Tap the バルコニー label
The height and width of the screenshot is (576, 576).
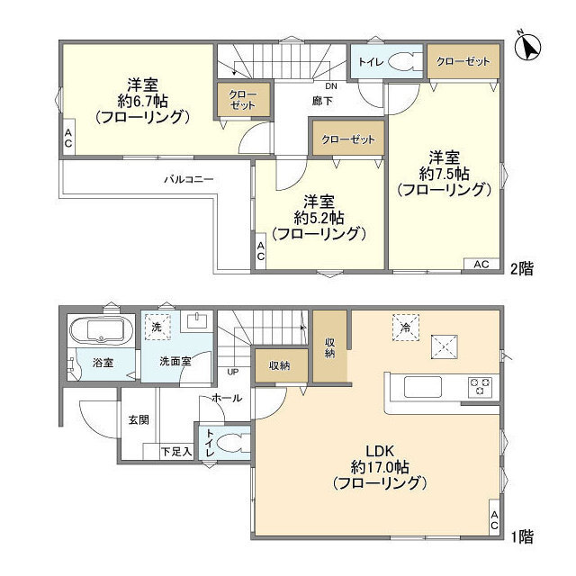coord(188,179)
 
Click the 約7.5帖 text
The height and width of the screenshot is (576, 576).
coord(444,172)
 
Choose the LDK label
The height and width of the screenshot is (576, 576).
coord(378,450)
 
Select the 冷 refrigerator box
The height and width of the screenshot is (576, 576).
coord(405,328)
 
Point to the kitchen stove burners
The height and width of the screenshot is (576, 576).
coord(481,387)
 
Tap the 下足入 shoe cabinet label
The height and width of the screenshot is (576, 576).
coord(175,452)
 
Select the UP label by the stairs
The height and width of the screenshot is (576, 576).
coord(232,371)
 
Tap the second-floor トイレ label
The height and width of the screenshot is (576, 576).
coord(368,62)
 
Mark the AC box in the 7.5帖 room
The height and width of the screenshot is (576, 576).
coord(481,265)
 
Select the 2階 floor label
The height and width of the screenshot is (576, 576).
coord(524,268)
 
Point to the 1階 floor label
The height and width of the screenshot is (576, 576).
coord(524,537)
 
